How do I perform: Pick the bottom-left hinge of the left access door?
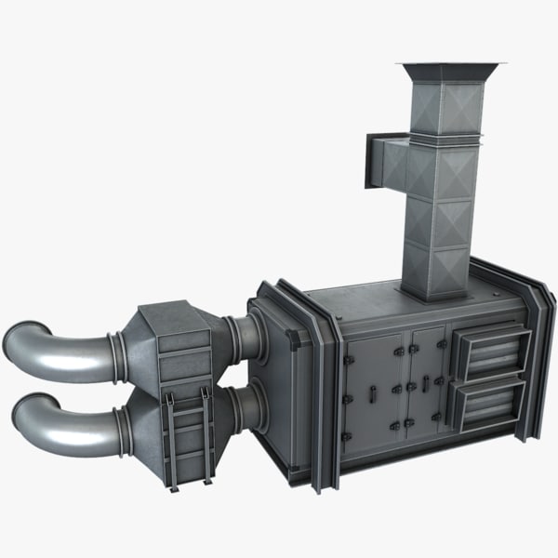(x=346, y=436)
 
